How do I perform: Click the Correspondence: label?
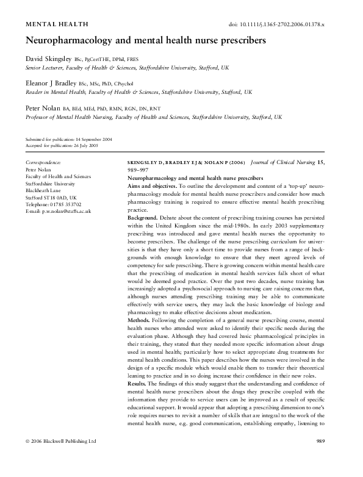pyautogui.click(x=43, y=162)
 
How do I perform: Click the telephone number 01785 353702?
pyautogui.click(x=65, y=204)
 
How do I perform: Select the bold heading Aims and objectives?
pyautogui.click(x=156, y=185)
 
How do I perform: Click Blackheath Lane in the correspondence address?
pyautogui.click(x=43, y=190)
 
